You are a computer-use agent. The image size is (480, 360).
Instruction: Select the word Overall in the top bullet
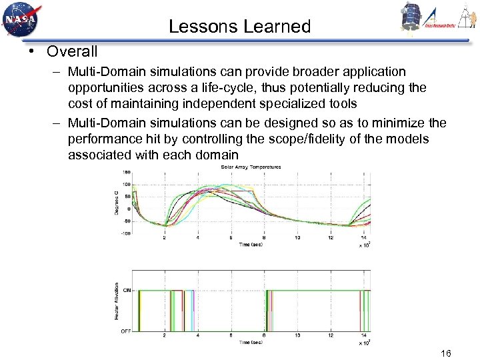pos(72,51)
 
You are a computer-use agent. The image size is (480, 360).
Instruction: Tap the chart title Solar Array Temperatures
pos(250,167)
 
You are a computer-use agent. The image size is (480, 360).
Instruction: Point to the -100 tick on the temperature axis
pos(125,234)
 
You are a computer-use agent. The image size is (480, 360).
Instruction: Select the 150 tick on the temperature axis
pos(126,172)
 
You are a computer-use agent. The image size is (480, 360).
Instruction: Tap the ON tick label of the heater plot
pos(127,290)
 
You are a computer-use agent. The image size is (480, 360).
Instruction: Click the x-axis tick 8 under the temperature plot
pos(264,237)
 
